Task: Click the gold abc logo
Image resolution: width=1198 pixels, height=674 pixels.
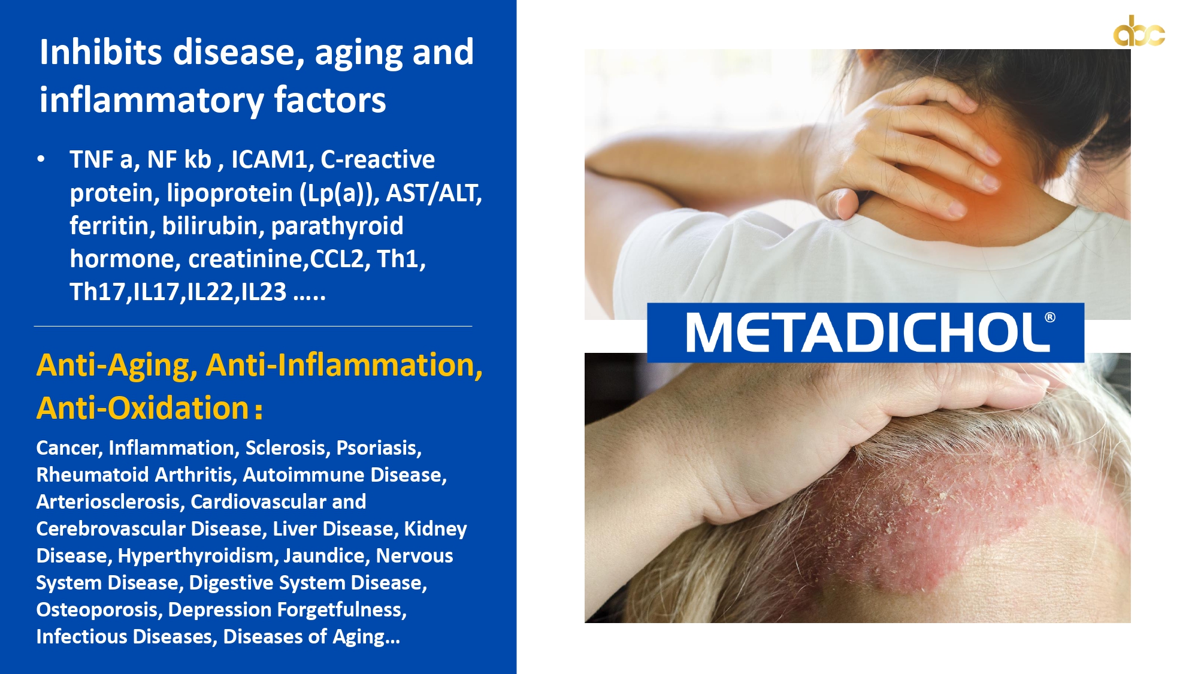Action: click(x=1139, y=31)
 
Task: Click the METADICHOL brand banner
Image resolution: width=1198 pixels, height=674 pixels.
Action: click(x=866, y=333)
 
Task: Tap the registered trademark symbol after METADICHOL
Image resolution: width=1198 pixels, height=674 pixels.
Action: click(x=1050, y=318)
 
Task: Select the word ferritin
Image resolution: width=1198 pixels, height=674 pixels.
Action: click(x=110, y=226)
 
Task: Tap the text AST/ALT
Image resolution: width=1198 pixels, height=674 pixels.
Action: click(x=434, y=193)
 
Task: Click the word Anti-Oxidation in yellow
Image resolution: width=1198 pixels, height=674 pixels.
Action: click(x=143, y=408)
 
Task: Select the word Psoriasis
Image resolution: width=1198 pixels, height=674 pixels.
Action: click(x=379, y=448)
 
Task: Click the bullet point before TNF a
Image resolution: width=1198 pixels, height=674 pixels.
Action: click(x=41, y=159)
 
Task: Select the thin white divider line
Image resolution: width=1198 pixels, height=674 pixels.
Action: click(x=253, y=326)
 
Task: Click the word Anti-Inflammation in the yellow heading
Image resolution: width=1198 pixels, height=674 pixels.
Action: click(x=344, y=365)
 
